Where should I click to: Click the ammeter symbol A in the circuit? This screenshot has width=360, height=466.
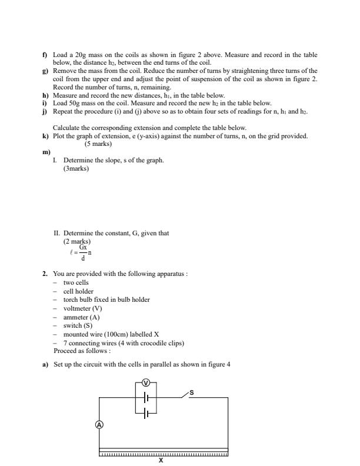point(99,424)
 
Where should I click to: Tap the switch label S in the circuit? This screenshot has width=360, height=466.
point(191,392)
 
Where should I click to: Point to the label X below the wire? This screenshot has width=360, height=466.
point(161,461)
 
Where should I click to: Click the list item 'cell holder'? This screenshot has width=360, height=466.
point(78,291)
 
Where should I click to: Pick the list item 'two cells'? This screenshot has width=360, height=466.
point(76,282)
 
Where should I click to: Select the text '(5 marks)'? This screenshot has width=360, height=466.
point(98,144)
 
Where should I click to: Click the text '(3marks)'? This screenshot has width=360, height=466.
point(76,169)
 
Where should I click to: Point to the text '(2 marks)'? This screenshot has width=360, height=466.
point(77,241)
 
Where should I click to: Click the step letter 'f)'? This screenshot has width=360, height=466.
point(45,55)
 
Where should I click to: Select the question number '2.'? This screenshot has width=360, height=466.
point(45,274)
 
